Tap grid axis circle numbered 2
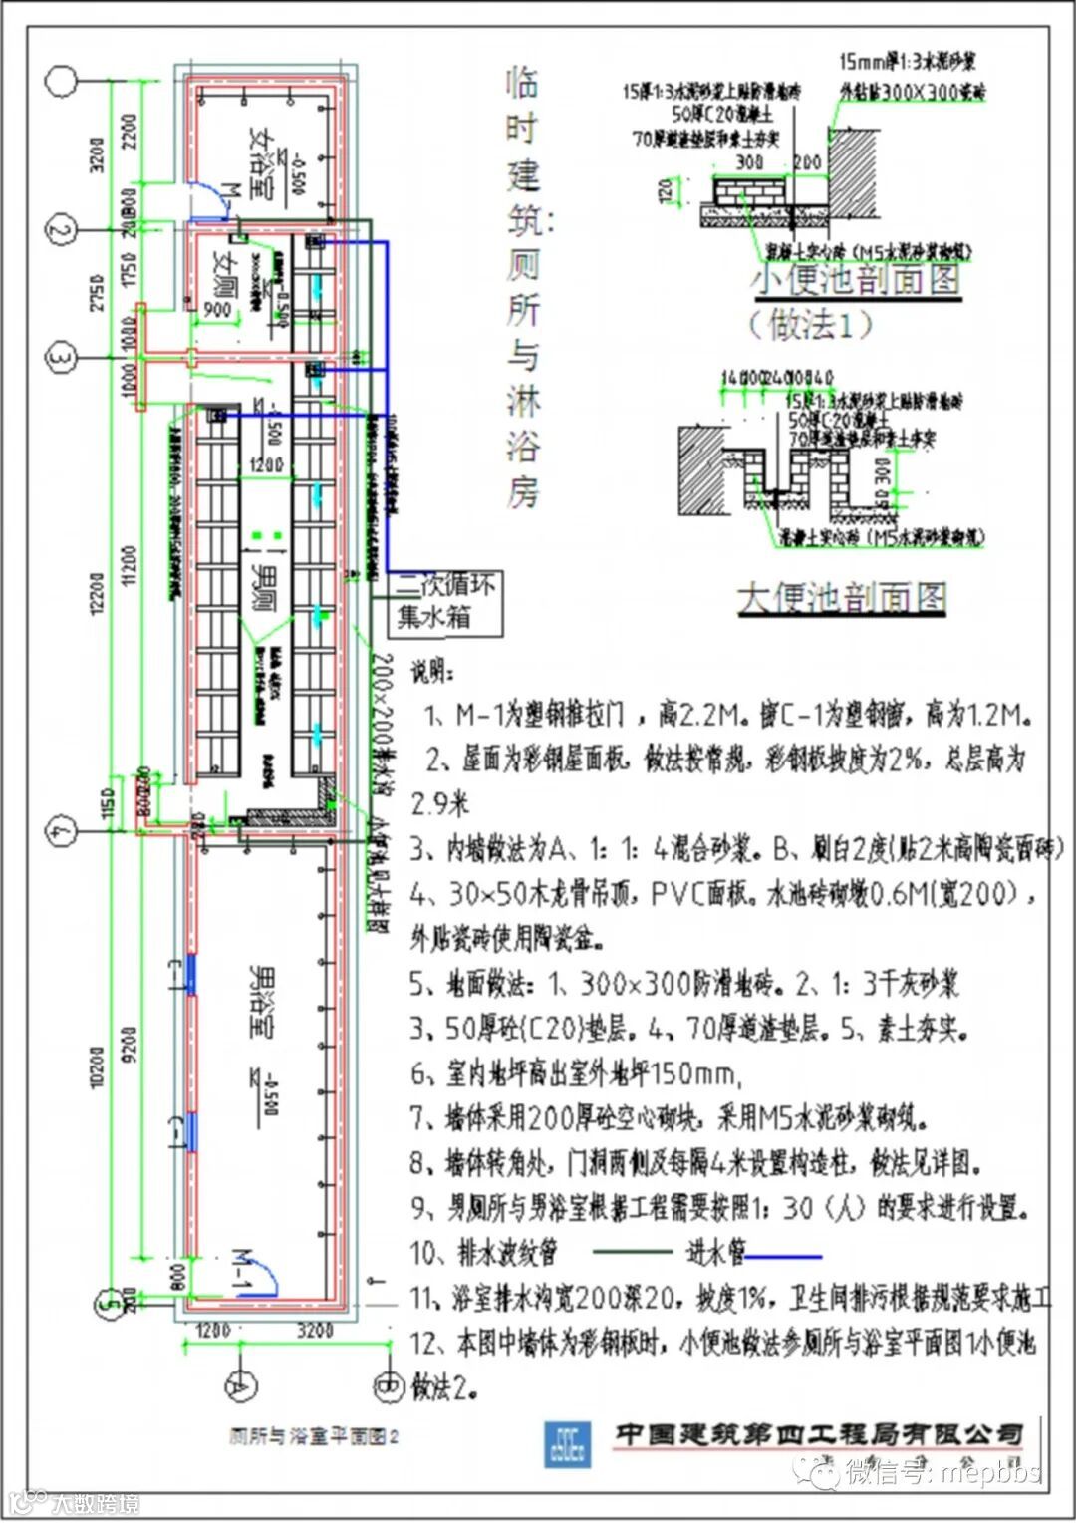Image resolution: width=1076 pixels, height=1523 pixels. coord(62,229)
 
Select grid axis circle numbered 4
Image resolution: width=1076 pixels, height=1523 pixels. coord(62,829)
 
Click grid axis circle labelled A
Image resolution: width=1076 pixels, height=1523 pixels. coord(240,1384)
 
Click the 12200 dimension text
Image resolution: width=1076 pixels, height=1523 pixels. coord(96,594)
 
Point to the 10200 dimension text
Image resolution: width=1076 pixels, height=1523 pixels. coord(96,1066)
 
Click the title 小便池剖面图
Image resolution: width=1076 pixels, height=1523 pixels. coord(855,280)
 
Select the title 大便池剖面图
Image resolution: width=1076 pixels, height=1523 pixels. coord(842,598)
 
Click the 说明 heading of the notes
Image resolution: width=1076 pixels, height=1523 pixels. coord(432,673)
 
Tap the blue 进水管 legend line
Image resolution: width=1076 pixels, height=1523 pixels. coord(784,1257)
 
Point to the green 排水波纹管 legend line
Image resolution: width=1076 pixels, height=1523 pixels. coord(632,1252)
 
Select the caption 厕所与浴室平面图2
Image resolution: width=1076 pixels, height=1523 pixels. coord(314,1436)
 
